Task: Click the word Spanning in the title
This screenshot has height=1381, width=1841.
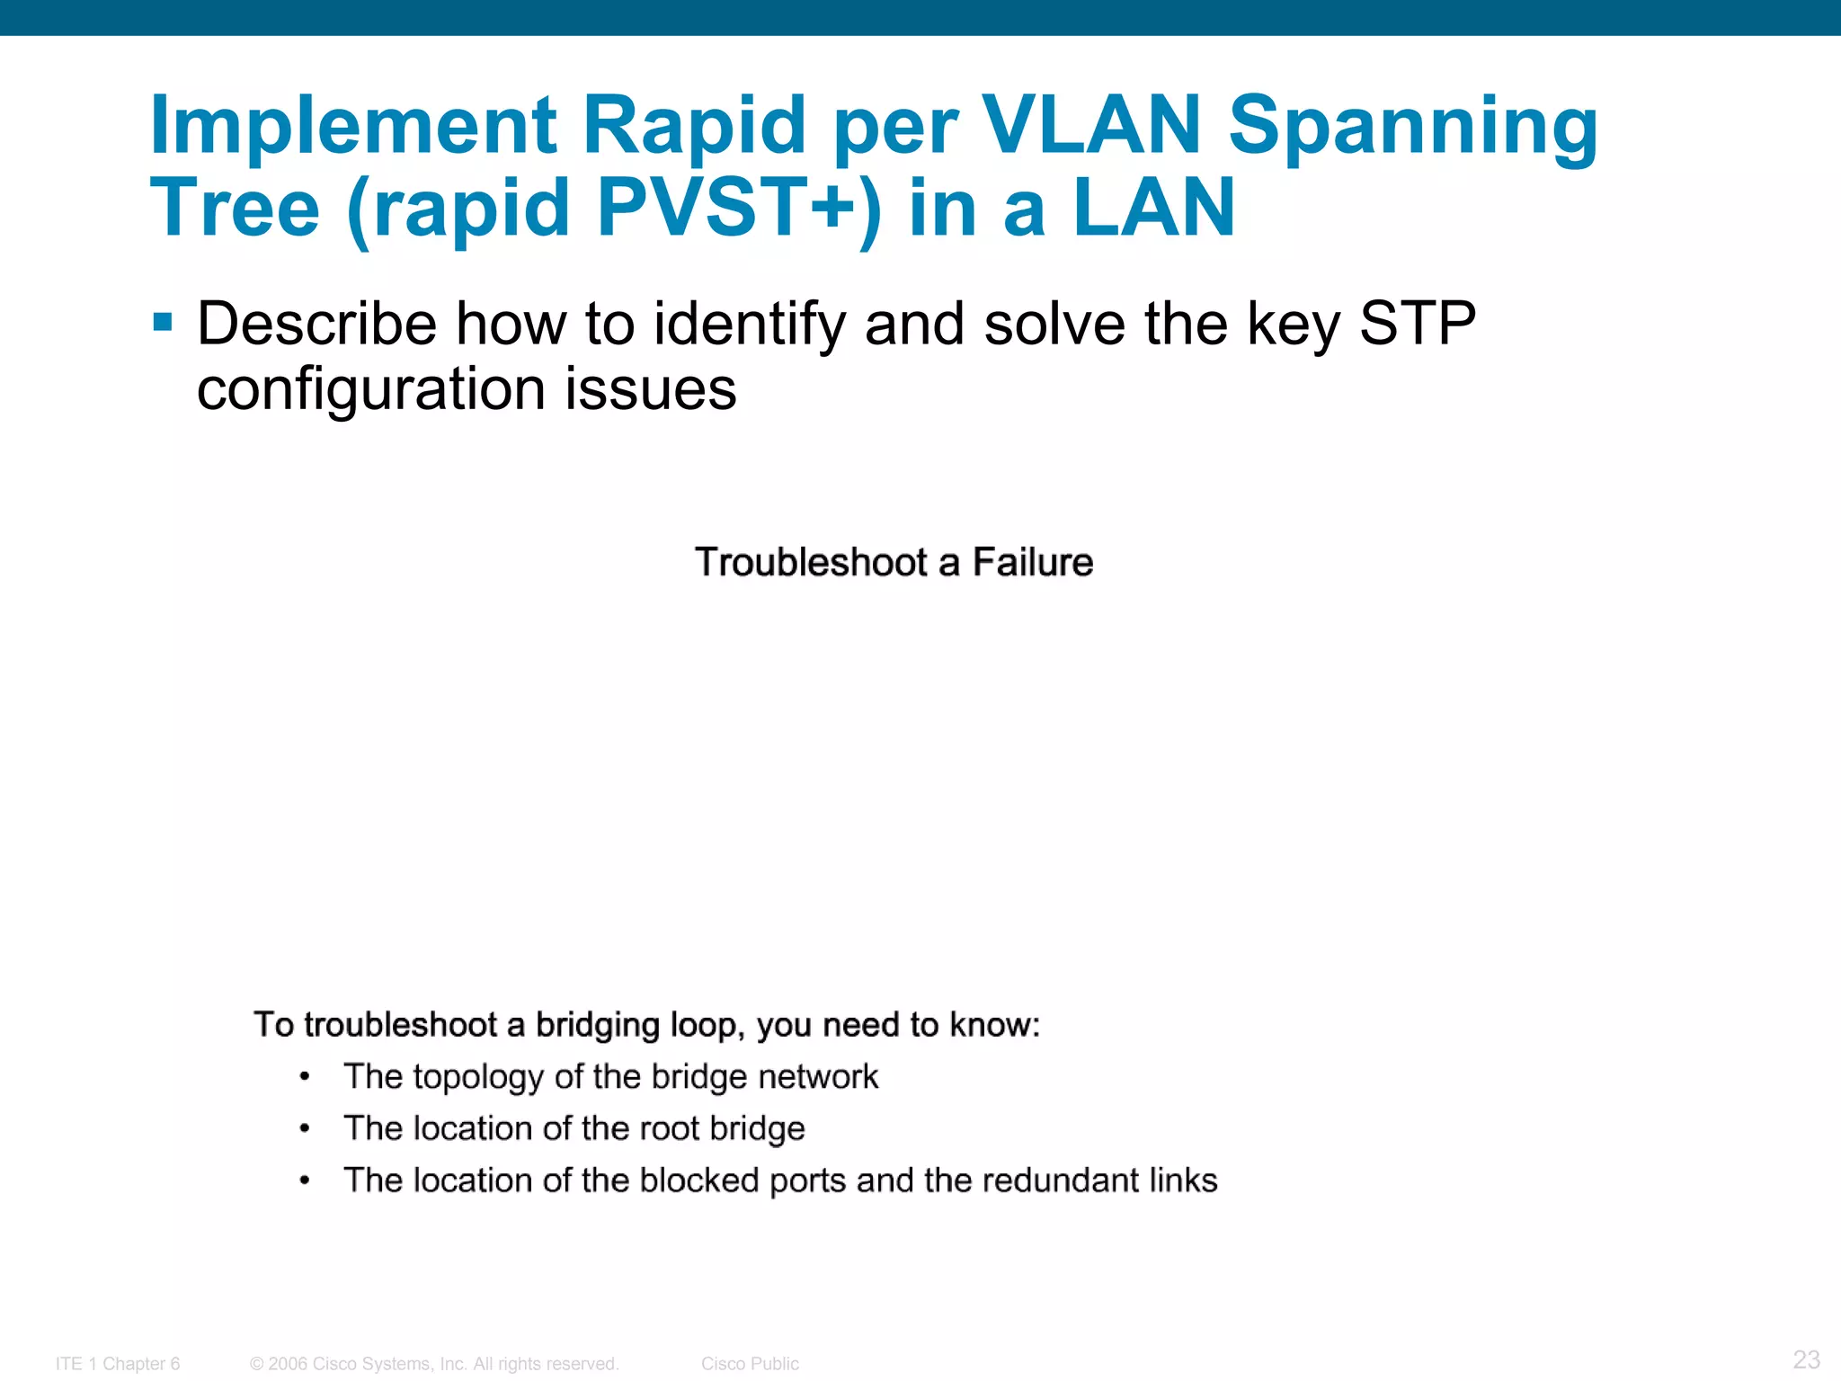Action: [x=1413, y=126]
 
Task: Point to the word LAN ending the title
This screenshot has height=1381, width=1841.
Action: [x=1154, y=207]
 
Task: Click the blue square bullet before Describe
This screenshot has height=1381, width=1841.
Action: [x=163, y=322]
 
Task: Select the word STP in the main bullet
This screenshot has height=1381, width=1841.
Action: [x=1417, y=323]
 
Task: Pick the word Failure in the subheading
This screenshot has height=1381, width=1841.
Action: [x=1033, y=562]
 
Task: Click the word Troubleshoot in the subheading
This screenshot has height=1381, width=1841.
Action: [x=811, y=562]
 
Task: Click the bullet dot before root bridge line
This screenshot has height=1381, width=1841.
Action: [x=305, y=1128]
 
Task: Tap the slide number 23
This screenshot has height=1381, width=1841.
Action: [x=1806, y=1359]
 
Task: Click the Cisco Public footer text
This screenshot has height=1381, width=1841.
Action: [x=750, y=1364]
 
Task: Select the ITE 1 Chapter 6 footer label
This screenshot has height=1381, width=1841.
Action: [x=118, y=1364]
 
